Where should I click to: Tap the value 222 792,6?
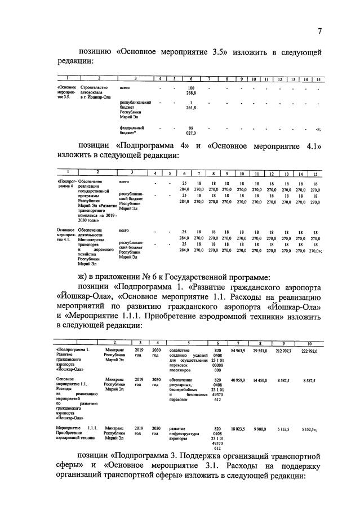pyautogui.click(x=309, y=351)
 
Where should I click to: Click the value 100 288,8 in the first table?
pyautogui.click(x=190, y=92)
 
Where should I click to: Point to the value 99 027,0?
pyautogui.click(x=190, y=131)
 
